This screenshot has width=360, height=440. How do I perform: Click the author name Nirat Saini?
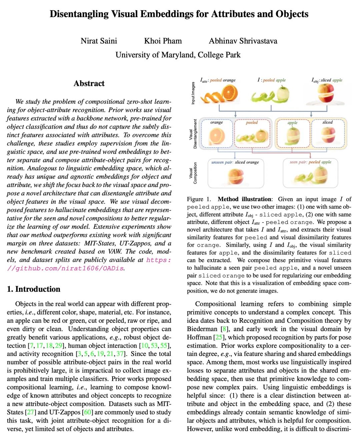99,41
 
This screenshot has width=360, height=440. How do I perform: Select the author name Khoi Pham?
163,41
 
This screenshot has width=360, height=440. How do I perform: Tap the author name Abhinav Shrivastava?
243,41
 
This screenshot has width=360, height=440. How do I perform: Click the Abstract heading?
89,83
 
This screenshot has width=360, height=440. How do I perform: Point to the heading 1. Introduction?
34,289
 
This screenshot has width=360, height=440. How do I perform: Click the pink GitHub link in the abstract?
89,264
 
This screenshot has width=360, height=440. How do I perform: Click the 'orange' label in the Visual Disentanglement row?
216,123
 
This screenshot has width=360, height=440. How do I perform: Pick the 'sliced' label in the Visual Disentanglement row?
327,122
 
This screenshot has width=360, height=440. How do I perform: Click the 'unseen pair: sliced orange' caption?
235,162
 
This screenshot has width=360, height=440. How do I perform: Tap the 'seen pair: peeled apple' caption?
310,162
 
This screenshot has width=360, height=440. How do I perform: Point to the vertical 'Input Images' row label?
193,93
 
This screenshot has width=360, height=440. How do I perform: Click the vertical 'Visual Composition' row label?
193,173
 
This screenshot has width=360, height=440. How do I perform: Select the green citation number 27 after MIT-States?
30,412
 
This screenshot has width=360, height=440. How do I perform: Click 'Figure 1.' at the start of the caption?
199,199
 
